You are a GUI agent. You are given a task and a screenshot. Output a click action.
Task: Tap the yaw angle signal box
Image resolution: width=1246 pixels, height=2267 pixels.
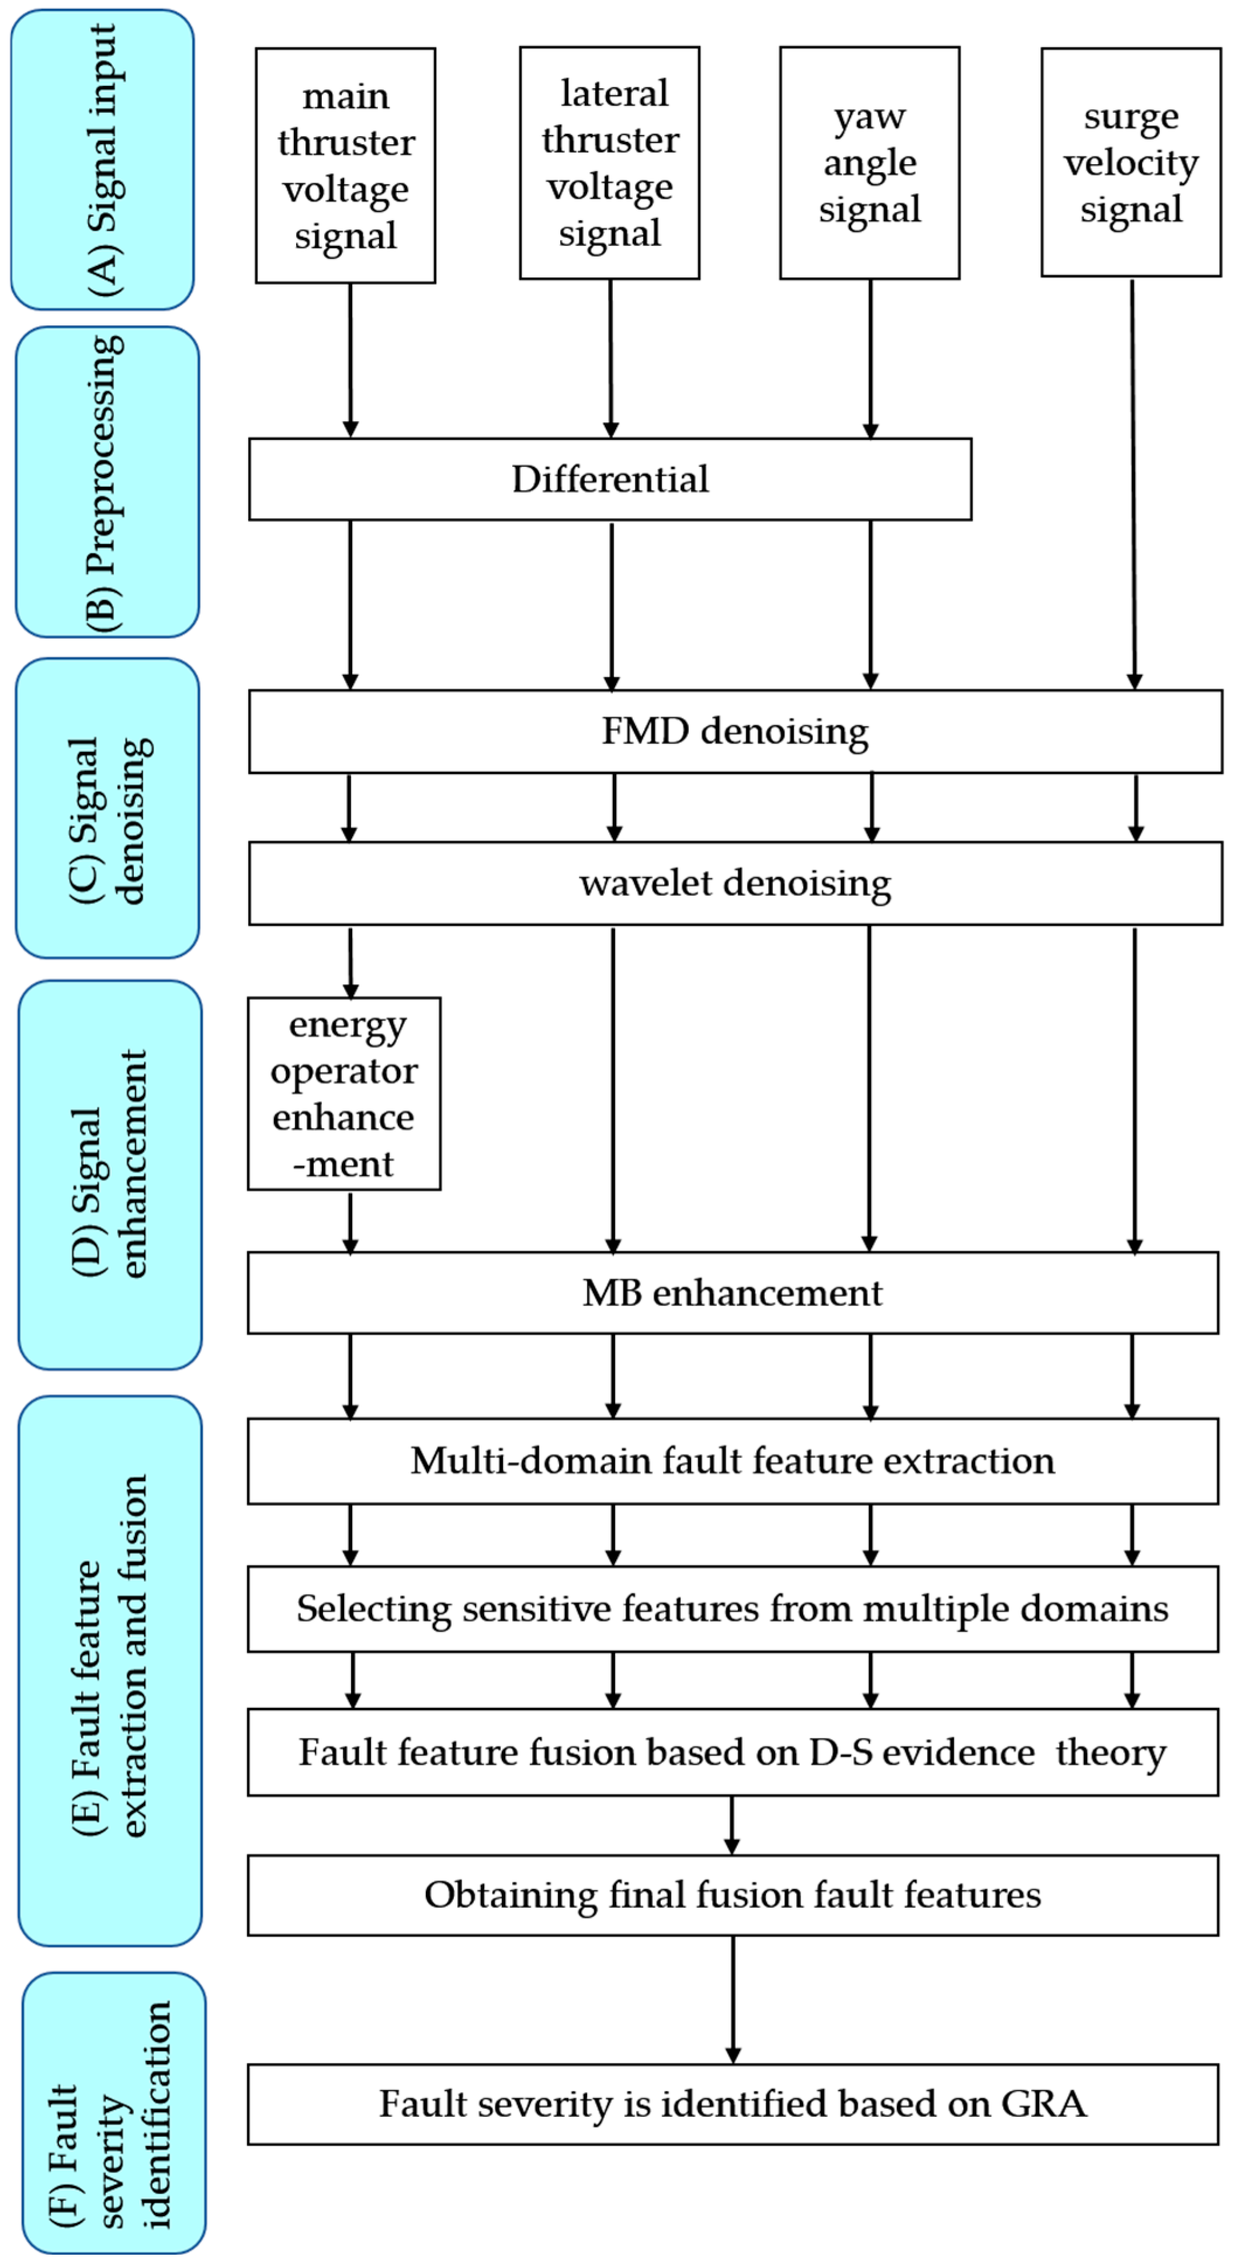[x=869, y=164]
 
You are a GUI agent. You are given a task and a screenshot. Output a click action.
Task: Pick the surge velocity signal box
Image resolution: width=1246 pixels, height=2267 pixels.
[x=1131, y=163]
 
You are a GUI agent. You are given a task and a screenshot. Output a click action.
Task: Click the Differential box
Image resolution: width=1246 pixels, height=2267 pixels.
[x=610, y=480]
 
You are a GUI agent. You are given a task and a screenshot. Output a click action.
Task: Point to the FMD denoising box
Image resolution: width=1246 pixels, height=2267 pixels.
[x=735, y=731]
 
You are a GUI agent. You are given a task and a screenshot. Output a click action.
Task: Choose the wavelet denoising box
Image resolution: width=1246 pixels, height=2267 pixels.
[x=735, y=884]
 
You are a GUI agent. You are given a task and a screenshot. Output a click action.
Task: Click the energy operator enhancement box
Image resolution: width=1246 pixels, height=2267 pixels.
[x=344, y=1094]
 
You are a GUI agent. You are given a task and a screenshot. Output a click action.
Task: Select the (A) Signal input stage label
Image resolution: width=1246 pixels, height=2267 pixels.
[x=102, y=160]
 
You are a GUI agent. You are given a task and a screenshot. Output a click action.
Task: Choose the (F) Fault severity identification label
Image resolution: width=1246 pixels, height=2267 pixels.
[x=113, y=2112]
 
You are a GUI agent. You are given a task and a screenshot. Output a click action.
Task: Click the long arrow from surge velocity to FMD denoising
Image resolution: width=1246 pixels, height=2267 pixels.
[x=1133, y=484]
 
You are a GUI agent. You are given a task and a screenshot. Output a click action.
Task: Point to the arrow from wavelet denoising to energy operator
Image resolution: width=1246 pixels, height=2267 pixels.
[x=350, y=962]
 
